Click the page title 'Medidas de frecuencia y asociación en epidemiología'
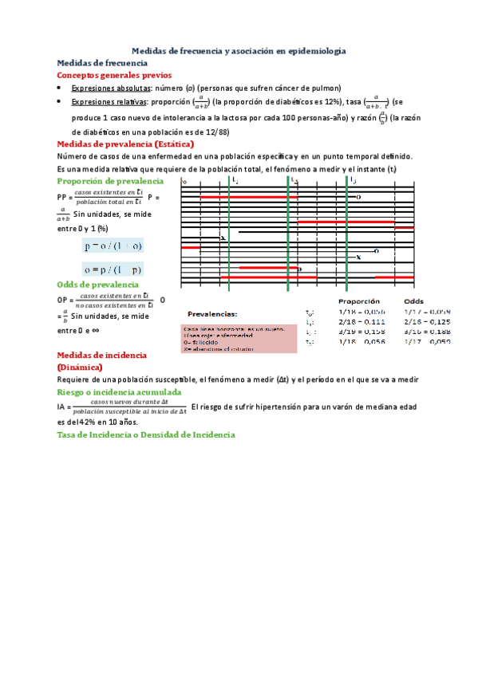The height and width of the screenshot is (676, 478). [238, 50]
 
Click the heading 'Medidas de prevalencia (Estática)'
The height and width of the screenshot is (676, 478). [125, 144]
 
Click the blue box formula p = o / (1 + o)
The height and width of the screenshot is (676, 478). [113, 246]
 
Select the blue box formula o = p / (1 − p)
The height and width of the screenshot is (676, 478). [113, 269]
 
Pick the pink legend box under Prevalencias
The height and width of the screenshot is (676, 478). [228, 338]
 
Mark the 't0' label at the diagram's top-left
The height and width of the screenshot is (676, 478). [185, 183]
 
